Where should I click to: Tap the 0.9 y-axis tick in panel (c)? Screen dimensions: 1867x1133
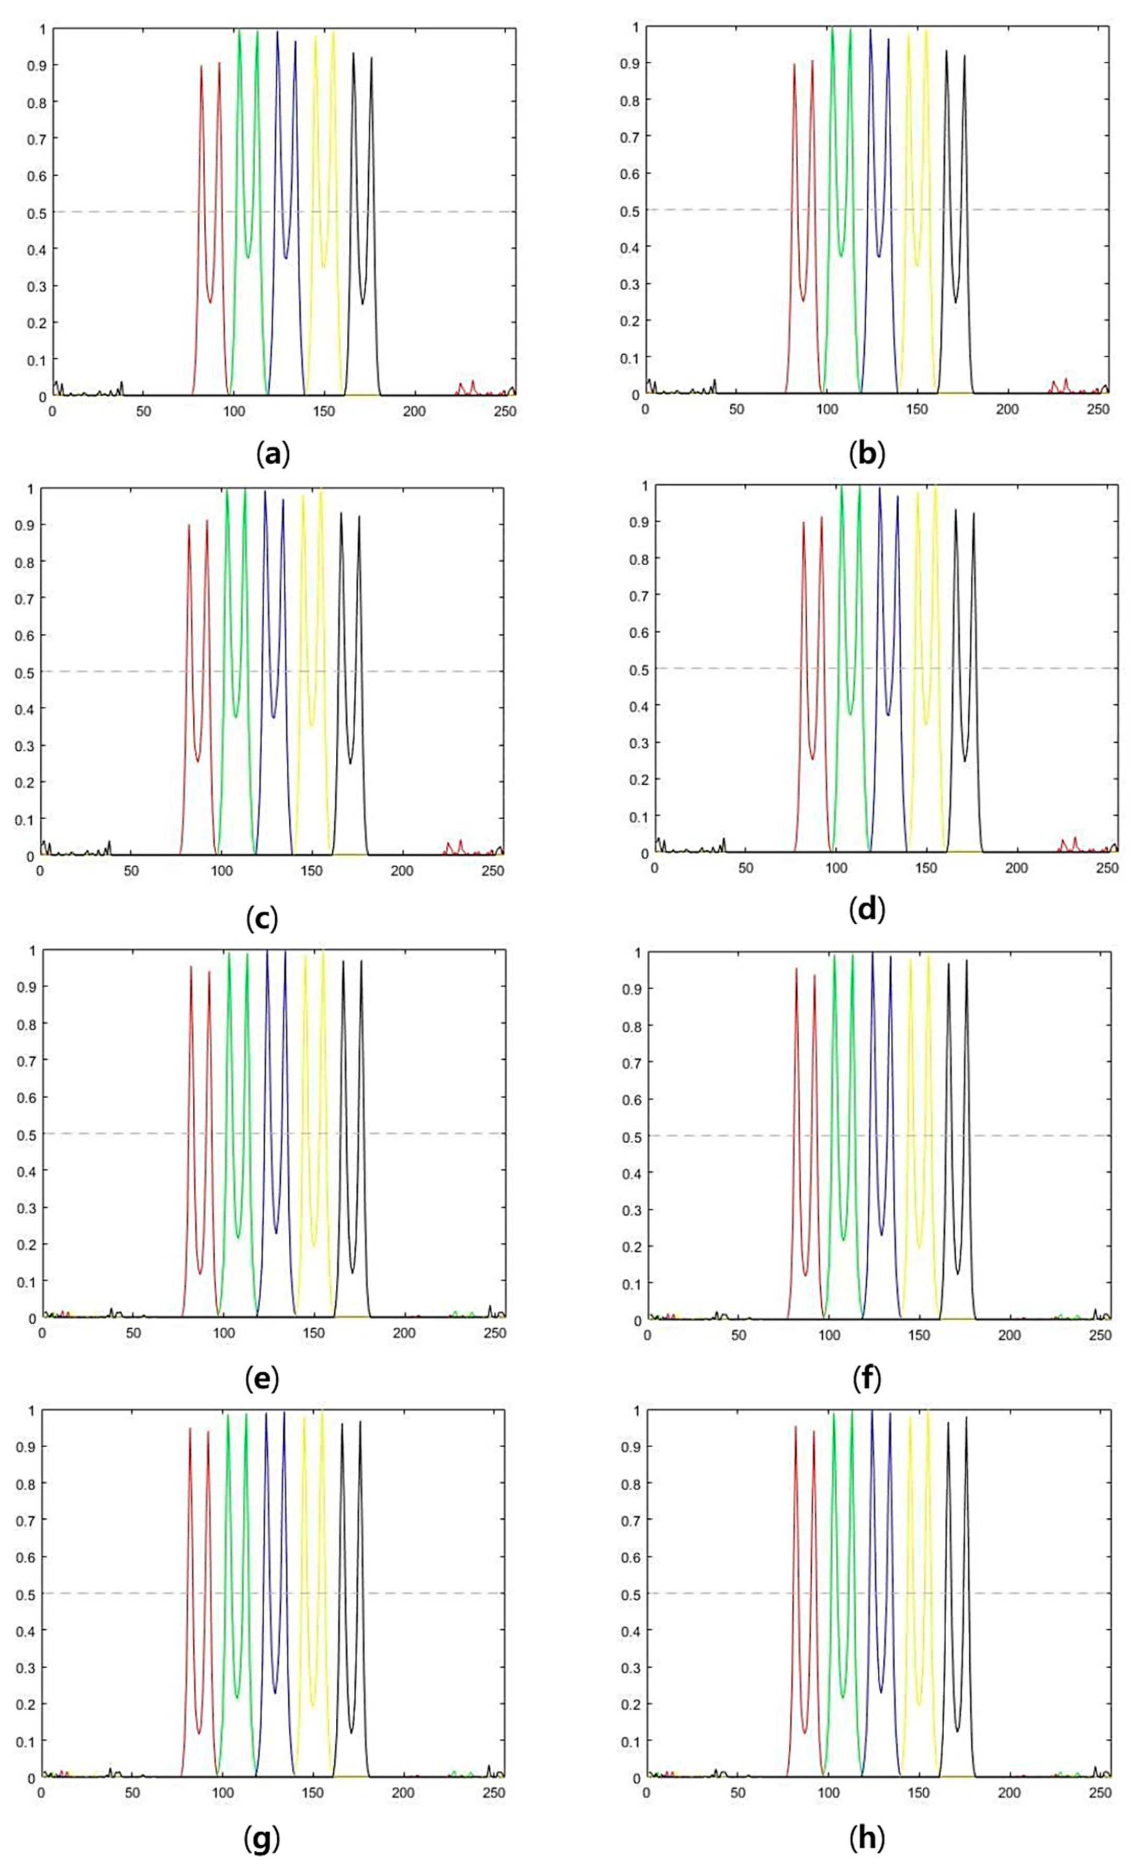tap(25, 524)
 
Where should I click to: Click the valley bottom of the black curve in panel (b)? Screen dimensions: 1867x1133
tap(956, 302)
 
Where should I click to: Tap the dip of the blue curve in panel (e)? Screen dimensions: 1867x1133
tap(275, 1232)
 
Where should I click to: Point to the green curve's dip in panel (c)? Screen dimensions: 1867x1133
tap(236, 716)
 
